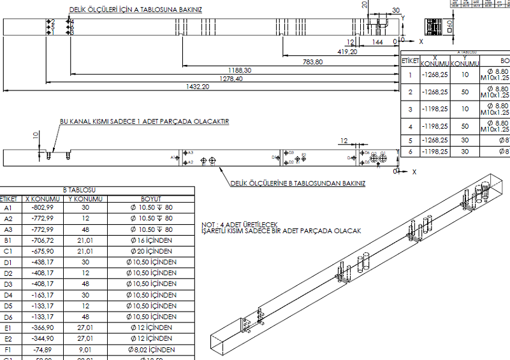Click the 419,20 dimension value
click(x=347, y=52)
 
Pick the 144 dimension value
click(x=378, y=41)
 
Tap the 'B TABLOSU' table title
click(x=79, y=190)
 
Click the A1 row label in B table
click(x=8, y=208)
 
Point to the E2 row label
click(x=8, y=338)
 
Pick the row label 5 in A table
click(x=410, y=140)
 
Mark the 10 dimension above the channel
click(x=36, y=135)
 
